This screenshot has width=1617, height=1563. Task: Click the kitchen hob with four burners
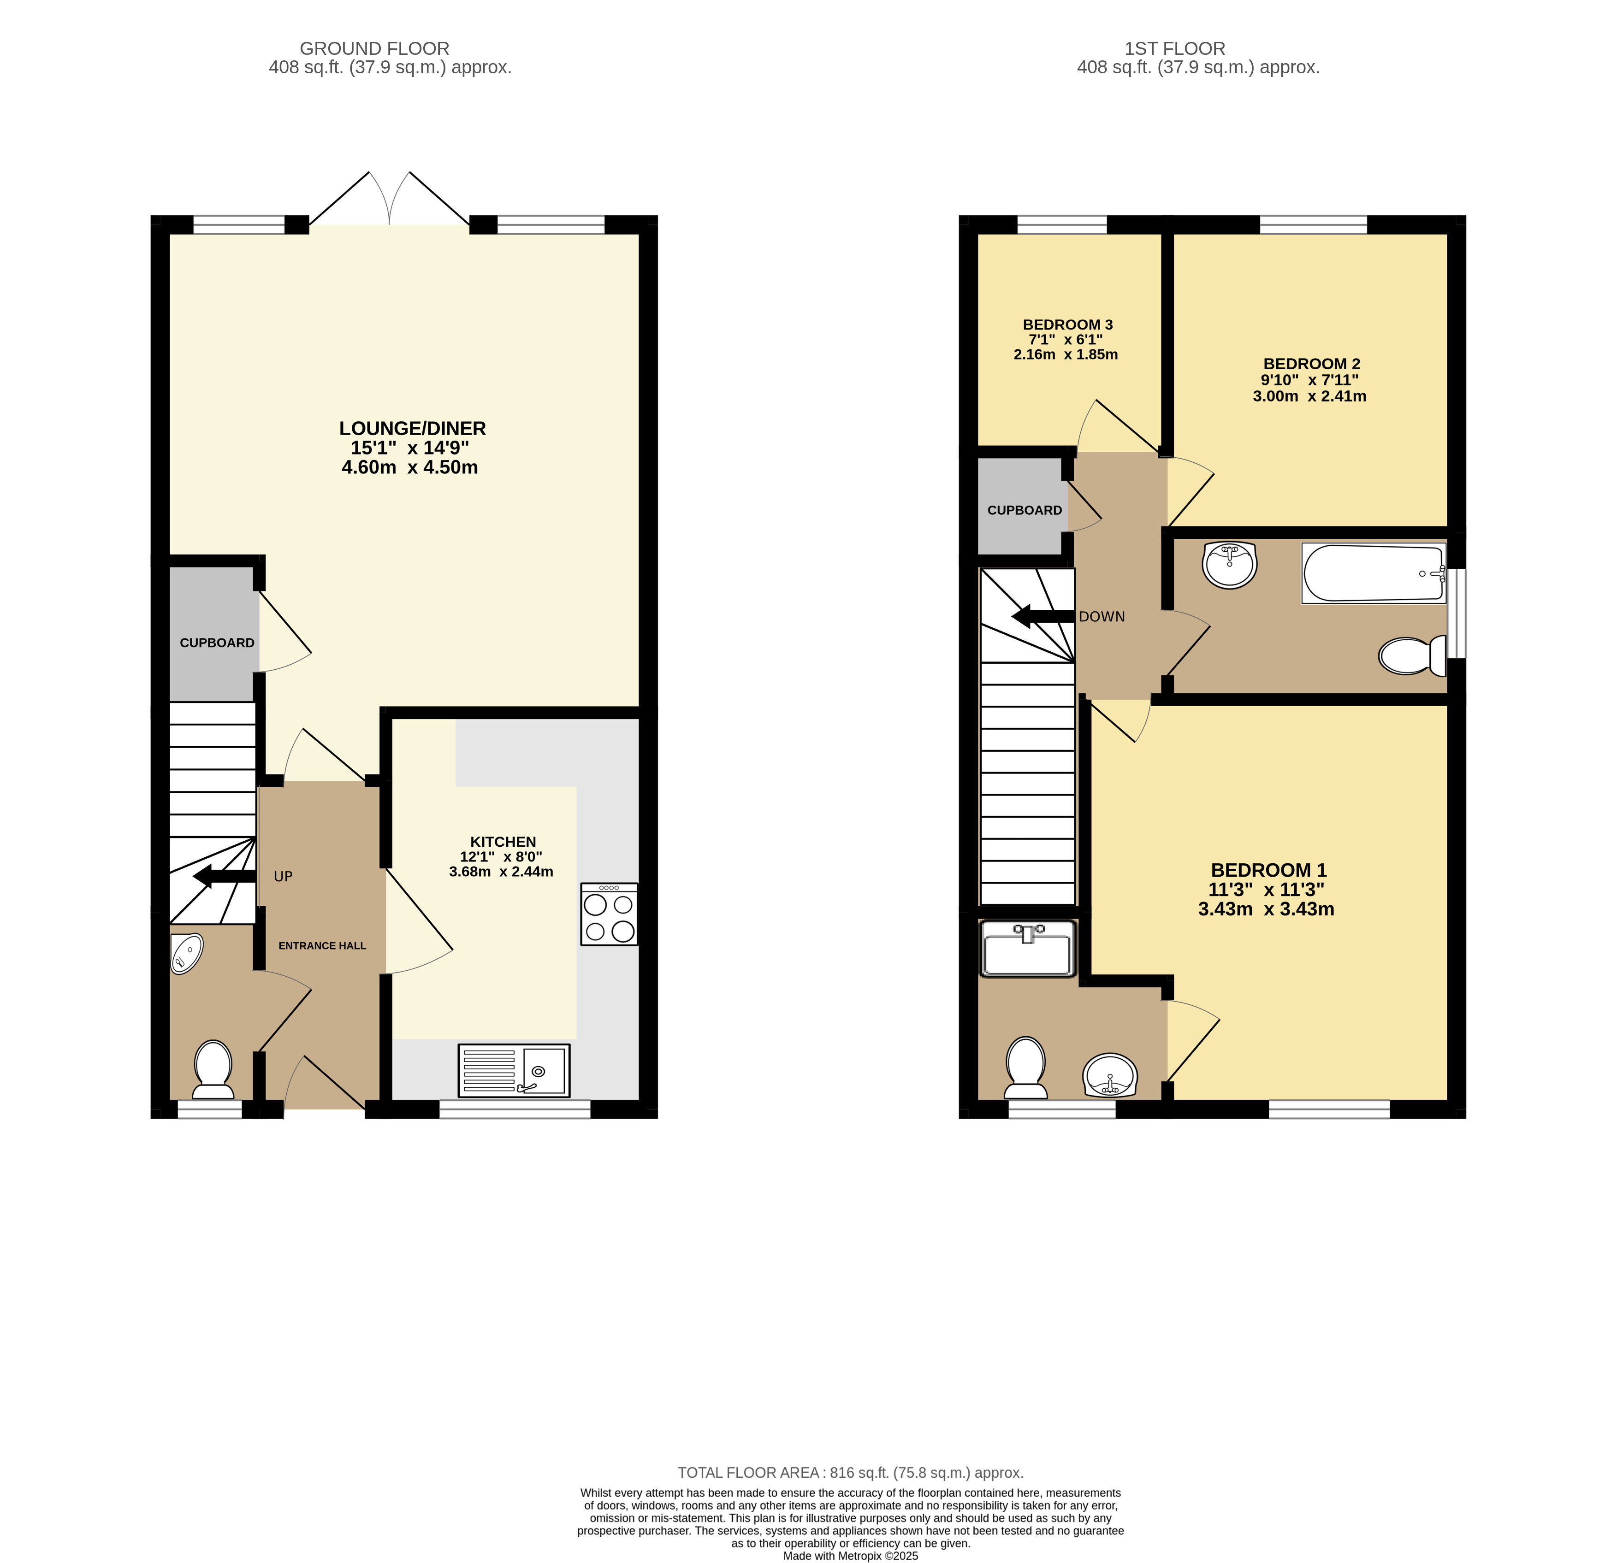pos(609,914)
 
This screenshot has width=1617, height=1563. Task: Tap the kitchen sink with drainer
pos(514,1071)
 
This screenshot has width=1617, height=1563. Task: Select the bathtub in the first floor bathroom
pos(1374,573)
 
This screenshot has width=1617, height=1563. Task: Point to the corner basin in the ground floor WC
pos(186,954)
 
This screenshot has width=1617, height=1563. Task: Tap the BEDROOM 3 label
pos(1067,325)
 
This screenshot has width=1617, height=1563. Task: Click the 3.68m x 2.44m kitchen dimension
pos(501,872)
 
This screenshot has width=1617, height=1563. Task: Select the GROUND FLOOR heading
pos(374,49)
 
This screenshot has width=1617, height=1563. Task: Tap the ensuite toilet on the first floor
pos(1026,1068)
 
